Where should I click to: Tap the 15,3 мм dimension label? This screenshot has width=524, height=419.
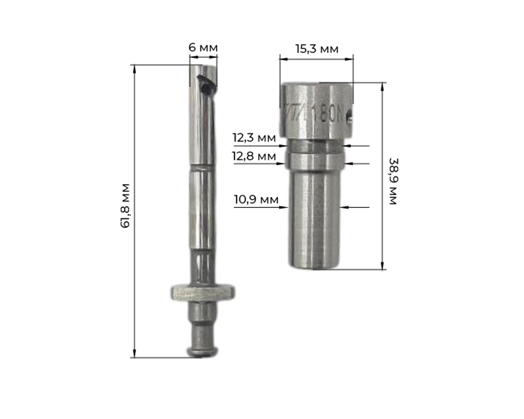tap(316, 49)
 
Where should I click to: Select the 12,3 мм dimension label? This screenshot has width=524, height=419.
tap(254, 138)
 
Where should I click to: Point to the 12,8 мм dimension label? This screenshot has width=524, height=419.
tap(254, 156)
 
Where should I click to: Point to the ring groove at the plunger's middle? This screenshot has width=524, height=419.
tap(202, 168)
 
